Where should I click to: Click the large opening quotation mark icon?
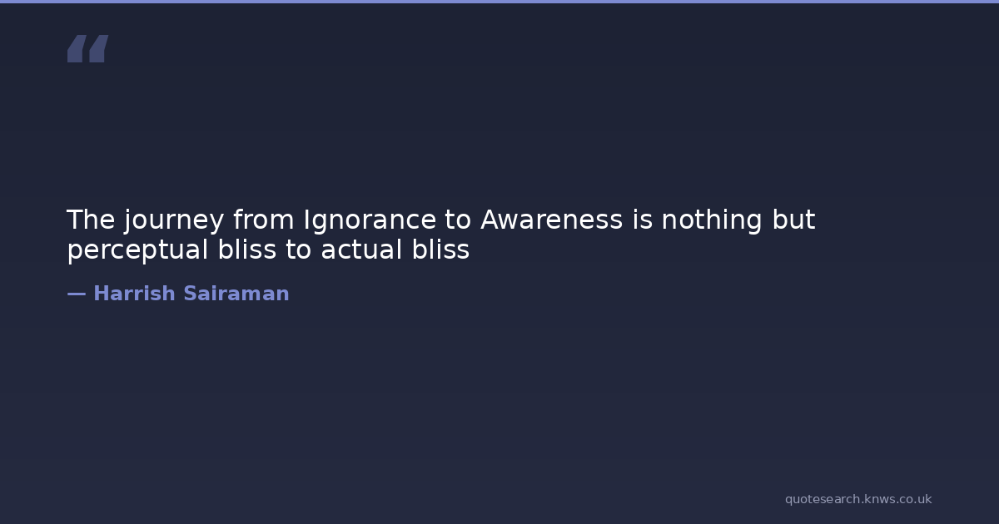pyautogui.click(x=88, y=48)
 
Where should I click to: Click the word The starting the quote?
pyautogui.click(x=91, y=220)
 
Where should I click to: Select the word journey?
pyautogui.click(x=174, y=221)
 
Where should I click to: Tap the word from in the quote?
pyautogui.click(x=264, y=220)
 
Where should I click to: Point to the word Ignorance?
pyautogui.click(x=370, y=221)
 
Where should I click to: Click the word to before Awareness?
pyautogui.click(x=458, y=220)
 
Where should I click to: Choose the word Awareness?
pyautogui.click(x=552, y=220)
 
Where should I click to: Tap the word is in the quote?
pyautogui.click(x=642, y=220)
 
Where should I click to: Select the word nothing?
pyautogui.click(x=712, y=221)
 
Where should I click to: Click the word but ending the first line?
pyautogui.click(x=794, y=220)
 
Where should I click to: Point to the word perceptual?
pyautogui.click(x=138, y=251)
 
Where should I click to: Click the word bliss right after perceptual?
pyautogui.click(x=247, y=249)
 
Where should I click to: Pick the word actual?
pyautogui.click(x=361, y=249)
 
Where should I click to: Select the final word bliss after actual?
pyautogui.click(x=440, y=249)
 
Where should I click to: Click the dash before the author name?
pyautogui.click(x=77, y=294)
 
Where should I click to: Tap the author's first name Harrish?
pyautogui.click(x=134, y=294)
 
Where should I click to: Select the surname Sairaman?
pyautogui.click(x=236, y=294)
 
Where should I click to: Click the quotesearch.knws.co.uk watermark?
pyautogui.click(x=858, y=500)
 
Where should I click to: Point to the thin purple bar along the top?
pyautogui.click(x=499, y=2)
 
